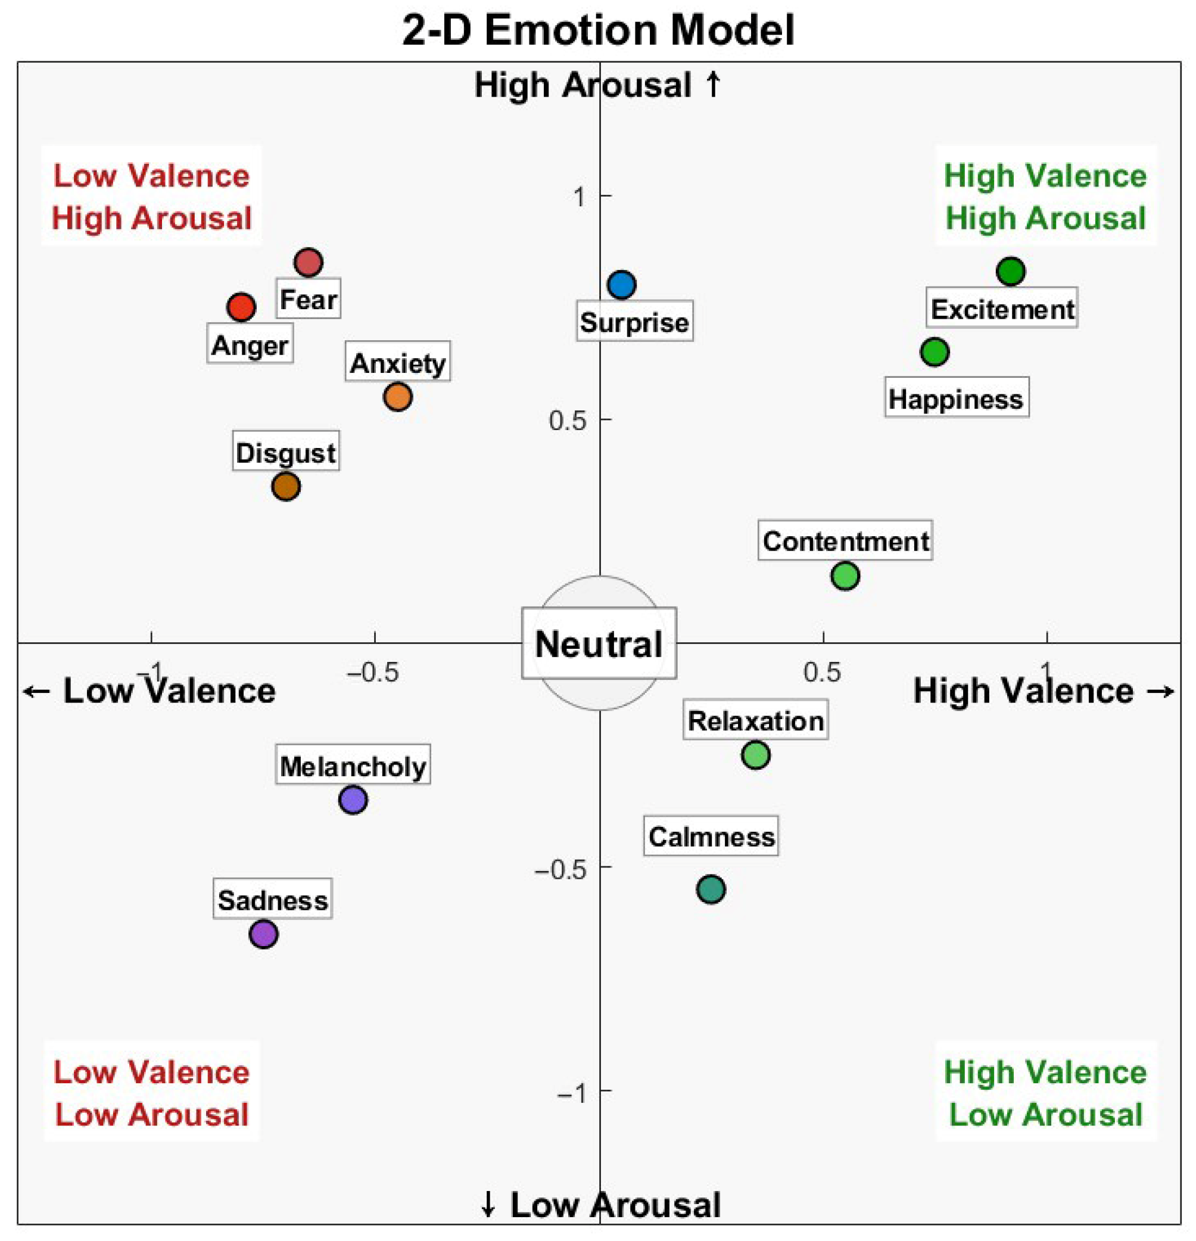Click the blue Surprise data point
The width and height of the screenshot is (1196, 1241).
[x=622, y=285]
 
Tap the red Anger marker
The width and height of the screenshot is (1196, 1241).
[x=241, y=307]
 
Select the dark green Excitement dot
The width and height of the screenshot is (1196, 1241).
[x=1011, y=272]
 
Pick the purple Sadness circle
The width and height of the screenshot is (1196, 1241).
[x=263, y=934]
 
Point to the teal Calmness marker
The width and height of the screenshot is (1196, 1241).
[x=711, y=889]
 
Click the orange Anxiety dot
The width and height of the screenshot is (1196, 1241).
[x=398, y=397]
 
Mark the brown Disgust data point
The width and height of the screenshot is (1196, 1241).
[x=286, y=486]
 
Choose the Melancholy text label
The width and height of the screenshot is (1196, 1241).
[x=353, y=767]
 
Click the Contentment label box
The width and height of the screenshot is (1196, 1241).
[x=845, y=542]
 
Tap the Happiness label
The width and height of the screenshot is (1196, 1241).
[x=956, y=400]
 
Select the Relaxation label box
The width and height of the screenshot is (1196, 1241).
[x=755, y=720]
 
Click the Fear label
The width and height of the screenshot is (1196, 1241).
[x=309, y=299]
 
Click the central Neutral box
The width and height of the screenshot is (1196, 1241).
[x=599, y=644]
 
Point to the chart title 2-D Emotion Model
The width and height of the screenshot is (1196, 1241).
[x=599, y=30]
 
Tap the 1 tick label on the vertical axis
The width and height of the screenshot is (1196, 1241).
[x=579, y=198]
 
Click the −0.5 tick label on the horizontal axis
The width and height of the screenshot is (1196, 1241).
[x=373, y=673]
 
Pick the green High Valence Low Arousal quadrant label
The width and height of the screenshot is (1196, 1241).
[x=1045, y=1093]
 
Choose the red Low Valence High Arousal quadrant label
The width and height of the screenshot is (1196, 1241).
[x=151, y=197]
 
